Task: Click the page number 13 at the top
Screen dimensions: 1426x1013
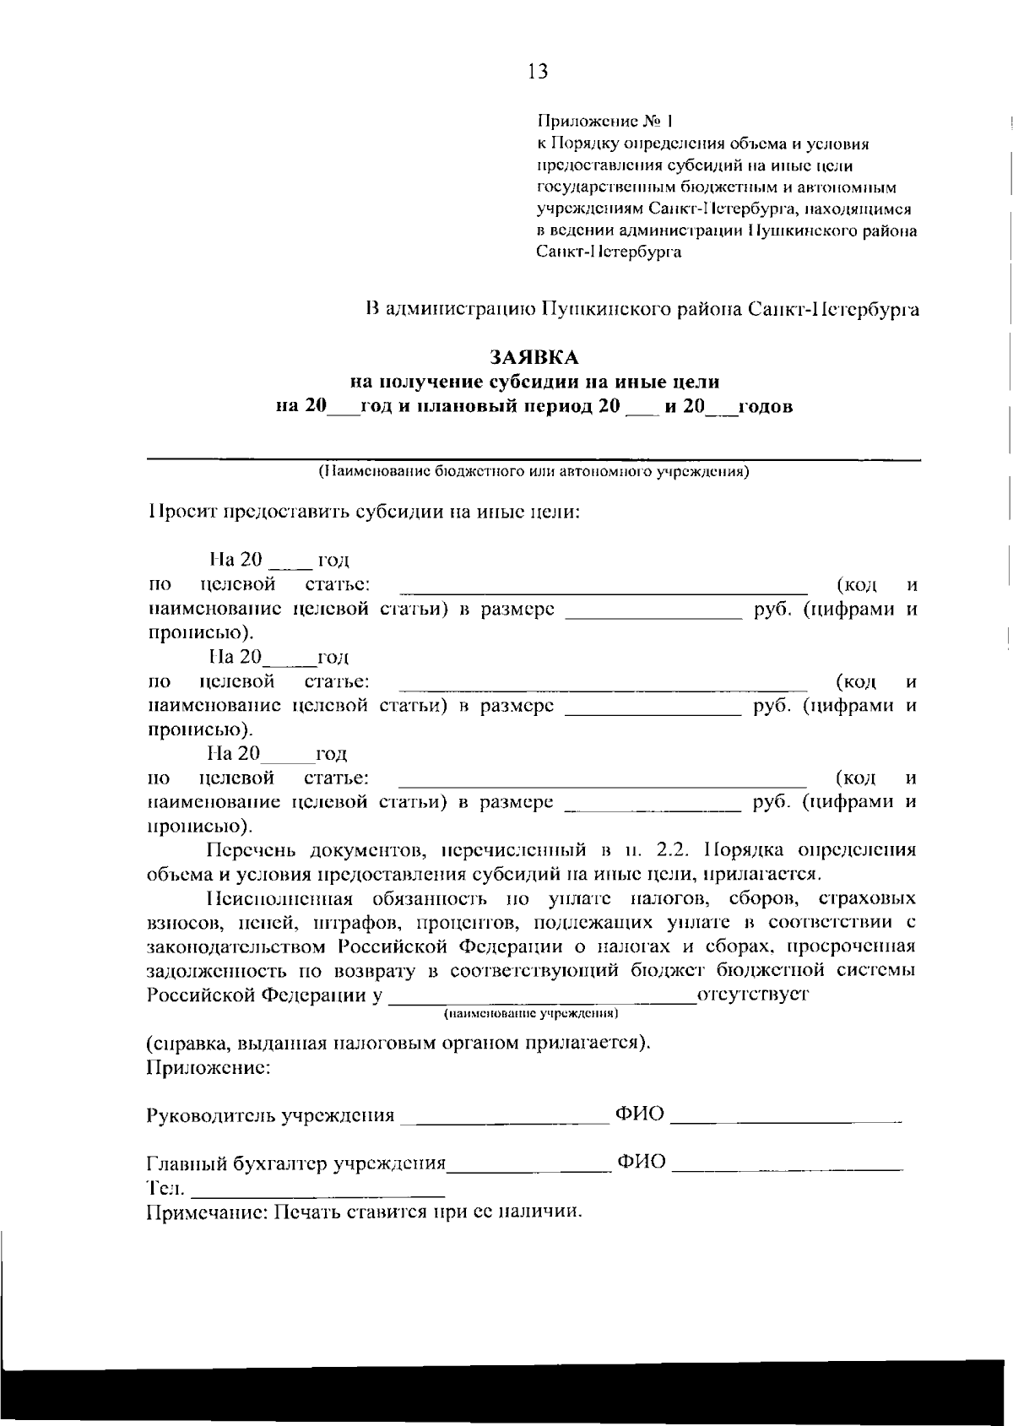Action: click(538, 72)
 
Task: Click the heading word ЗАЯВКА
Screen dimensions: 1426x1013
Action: click(534, 358)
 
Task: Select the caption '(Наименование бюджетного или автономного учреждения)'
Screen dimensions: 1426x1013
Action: click(534, 472)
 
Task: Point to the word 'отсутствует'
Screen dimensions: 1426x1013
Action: click(753, 994)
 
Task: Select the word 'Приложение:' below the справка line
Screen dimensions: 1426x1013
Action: click(209, 1067)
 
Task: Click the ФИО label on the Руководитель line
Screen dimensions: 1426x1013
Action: click(640, 1114)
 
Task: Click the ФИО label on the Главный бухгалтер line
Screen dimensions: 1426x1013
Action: click(642, 1163)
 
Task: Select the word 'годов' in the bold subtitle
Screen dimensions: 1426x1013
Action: click(766, 407)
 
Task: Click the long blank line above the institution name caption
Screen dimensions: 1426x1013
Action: click(534, 458)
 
